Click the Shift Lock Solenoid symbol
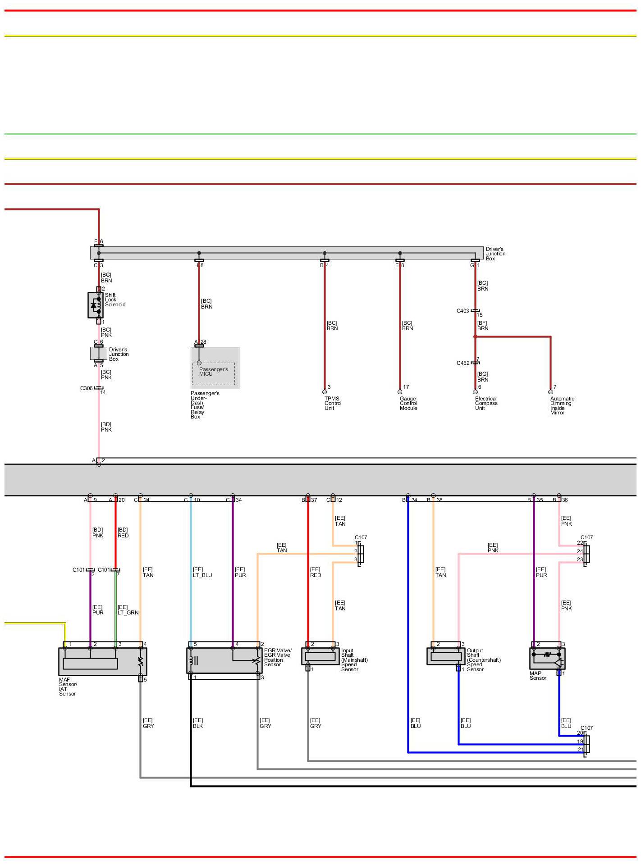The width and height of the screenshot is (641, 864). [x=96, y=305]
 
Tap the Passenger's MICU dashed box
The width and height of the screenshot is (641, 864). [x=214, y=373]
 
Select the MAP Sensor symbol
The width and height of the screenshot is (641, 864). [x=547, y=659]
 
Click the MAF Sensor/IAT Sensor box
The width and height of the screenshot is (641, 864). [x=102, y=661]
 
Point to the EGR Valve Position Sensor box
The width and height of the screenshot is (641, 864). [x=224, y=660]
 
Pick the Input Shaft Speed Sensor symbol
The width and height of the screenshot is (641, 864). [x=320, y=656]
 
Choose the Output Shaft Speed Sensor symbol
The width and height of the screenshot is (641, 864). [x=445, y=656]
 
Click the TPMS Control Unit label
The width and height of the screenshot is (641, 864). [x=333, y=404]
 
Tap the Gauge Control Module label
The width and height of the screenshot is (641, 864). [x=408, y=404]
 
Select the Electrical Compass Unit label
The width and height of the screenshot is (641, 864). [x=486, y=404]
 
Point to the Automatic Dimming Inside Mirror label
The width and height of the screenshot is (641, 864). [x=562, y=406]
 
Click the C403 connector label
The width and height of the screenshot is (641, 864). [x=462, y=311]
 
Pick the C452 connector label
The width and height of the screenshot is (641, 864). [x=462, y=363]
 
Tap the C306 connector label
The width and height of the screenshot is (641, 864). [x=86, y=388]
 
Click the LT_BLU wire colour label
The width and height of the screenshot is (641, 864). [x=202, y=575]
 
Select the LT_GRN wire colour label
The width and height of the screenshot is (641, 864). [x=128, y=613]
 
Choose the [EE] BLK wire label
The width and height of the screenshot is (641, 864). [x=198, y=723]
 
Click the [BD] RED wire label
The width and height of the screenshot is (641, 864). [x=123, y=533]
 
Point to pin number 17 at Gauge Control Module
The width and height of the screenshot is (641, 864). [x=406, y=387]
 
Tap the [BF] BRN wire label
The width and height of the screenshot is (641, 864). [x=482, y=326]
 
